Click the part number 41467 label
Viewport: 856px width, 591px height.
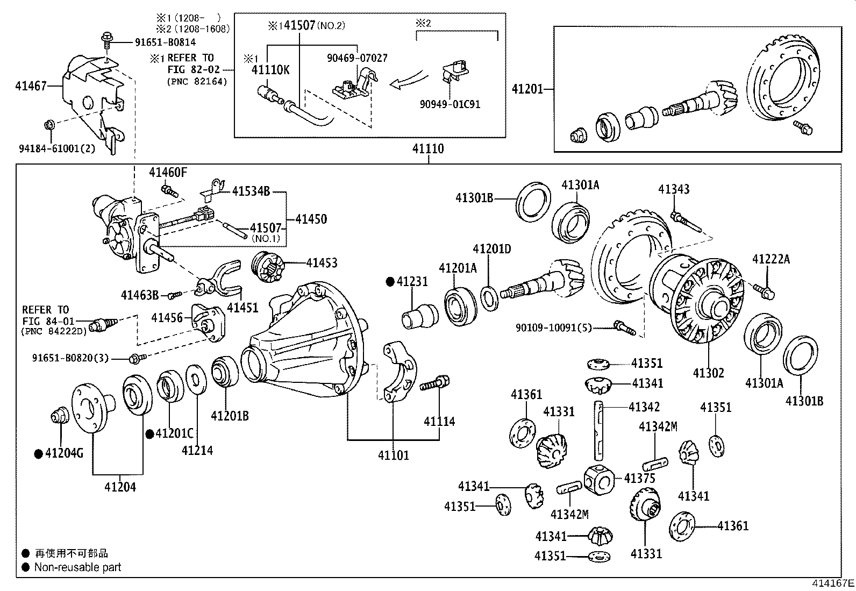(31, 86)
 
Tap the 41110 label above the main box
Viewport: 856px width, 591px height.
(428, 149)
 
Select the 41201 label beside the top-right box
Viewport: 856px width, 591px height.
(528, 89)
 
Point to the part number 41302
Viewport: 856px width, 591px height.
(708, 373)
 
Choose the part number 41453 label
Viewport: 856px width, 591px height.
(322, 263)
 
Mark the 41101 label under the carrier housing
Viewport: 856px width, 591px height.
(393, 455)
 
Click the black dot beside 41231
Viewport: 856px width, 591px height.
(390, 281)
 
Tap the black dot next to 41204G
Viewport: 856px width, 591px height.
(39, 454)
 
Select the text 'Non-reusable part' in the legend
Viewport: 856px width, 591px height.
(77, 567)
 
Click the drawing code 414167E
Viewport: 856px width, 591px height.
(833, 583)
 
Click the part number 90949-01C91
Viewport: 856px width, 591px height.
(450, 104)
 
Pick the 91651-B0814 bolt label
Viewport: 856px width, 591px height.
(158, 42)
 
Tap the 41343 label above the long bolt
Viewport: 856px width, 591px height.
(674, 189)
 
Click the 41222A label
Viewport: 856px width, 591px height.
(771, 260)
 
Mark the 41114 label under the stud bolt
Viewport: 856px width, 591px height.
(439, 422)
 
